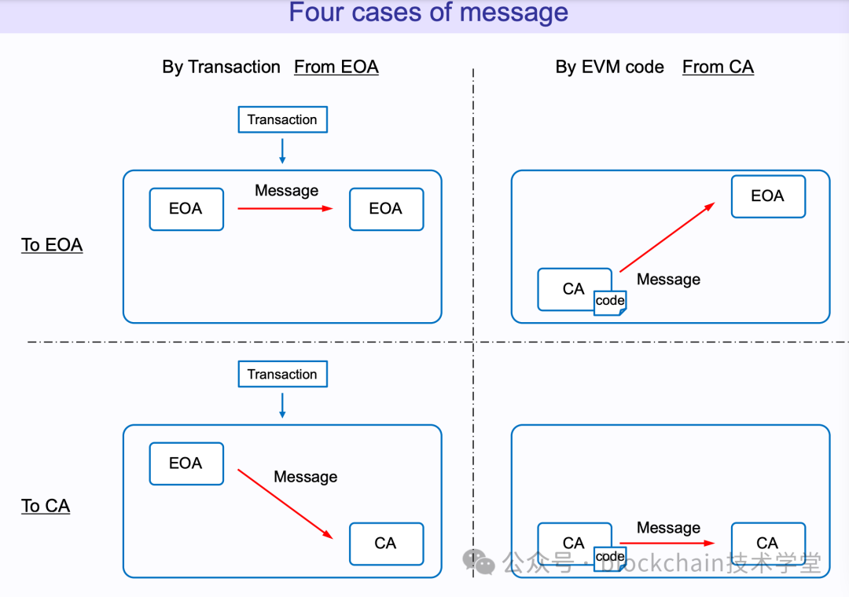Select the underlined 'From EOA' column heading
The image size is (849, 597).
click(x=336, y=68)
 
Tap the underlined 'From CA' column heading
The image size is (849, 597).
click(x=718, y=68)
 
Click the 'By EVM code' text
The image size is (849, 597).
click(x=609, y=68)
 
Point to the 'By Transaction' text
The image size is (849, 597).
click(x=221, y=68)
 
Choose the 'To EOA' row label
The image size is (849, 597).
click(x=52, y=245)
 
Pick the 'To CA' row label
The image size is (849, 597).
click(x=46, y=506)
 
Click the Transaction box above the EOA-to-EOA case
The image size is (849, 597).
click(x=282, y=119)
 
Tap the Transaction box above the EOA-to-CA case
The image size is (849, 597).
click(x=282, y=374)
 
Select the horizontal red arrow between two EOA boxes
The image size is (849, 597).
click(x=285, y=208)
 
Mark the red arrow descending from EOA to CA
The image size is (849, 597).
click(x=285, y=504)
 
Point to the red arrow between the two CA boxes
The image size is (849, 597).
click(x=667, y=543)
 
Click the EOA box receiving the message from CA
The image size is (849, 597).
click(x=768, y=196)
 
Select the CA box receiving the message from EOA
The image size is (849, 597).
click(x=386, y=544)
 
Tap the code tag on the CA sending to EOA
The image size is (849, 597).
click(x=610, y=301)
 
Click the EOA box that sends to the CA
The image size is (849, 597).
click(x=186, y=463)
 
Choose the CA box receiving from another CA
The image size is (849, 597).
click(x=768, y=544)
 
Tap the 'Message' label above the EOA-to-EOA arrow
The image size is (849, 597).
click(x=286, y=191)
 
